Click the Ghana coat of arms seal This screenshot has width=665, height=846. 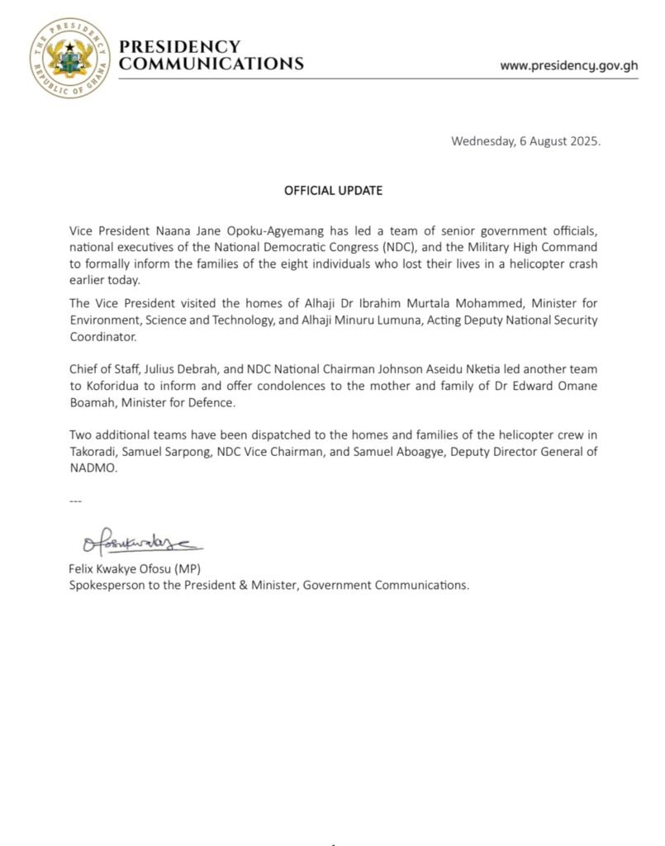[69, 57]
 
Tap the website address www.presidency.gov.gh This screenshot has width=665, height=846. [569, 65]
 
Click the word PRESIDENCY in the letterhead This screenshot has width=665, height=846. [180, 47]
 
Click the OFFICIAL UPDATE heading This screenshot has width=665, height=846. [333, 190]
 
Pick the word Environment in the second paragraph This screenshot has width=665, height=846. [102, 320]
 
